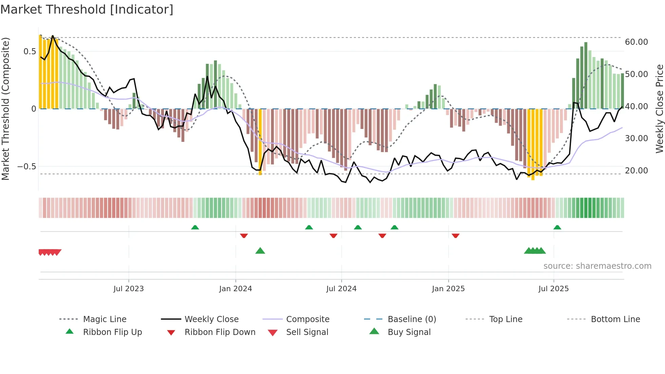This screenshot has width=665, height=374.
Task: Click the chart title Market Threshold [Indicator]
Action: click(87, 10)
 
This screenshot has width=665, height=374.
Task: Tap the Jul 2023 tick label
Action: click(129, 289)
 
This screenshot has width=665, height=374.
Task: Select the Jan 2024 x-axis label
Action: click(235, 289)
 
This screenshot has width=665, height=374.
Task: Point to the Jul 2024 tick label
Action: click(341, 289)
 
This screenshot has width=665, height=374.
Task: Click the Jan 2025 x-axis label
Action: click(448, 289)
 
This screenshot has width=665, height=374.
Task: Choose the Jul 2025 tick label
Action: click(553, 289)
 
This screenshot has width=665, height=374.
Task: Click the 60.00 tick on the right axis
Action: click(636, 42)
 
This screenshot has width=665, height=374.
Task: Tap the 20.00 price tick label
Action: click(636, 171)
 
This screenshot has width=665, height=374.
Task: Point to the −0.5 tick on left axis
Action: click(26, 167)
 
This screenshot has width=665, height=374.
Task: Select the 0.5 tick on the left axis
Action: click(30, 52)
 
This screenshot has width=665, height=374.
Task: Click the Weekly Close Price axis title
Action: click(659, 109)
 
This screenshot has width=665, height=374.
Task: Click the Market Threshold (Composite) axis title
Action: click(5, 109)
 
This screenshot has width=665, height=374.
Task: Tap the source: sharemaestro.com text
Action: click(597, 266)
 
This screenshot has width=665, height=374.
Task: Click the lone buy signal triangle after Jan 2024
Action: click(260, 251)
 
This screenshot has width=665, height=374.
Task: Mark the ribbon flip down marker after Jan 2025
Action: click(455, 236)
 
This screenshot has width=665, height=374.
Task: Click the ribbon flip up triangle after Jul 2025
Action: click(557, 227)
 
